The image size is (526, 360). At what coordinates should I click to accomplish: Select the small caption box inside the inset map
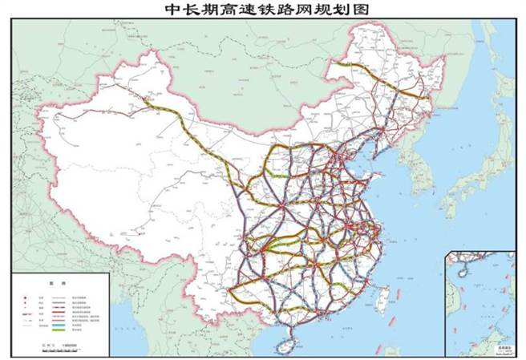tap(504, 348)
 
